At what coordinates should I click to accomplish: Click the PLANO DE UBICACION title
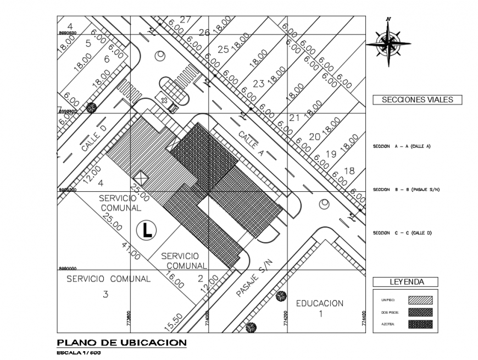121,343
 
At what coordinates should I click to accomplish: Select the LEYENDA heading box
406,282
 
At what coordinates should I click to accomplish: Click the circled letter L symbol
146,230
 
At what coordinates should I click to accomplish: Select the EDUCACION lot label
319,303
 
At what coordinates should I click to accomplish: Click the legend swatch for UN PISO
420,300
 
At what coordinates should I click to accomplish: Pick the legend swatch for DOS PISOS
420,312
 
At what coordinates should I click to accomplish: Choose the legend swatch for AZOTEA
420,324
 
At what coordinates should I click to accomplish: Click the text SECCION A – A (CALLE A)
401,146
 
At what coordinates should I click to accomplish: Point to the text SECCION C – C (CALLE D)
402,233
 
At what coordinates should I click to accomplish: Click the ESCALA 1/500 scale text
79,353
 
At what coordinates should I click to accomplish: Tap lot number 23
258,84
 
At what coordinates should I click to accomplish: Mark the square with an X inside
141,178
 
